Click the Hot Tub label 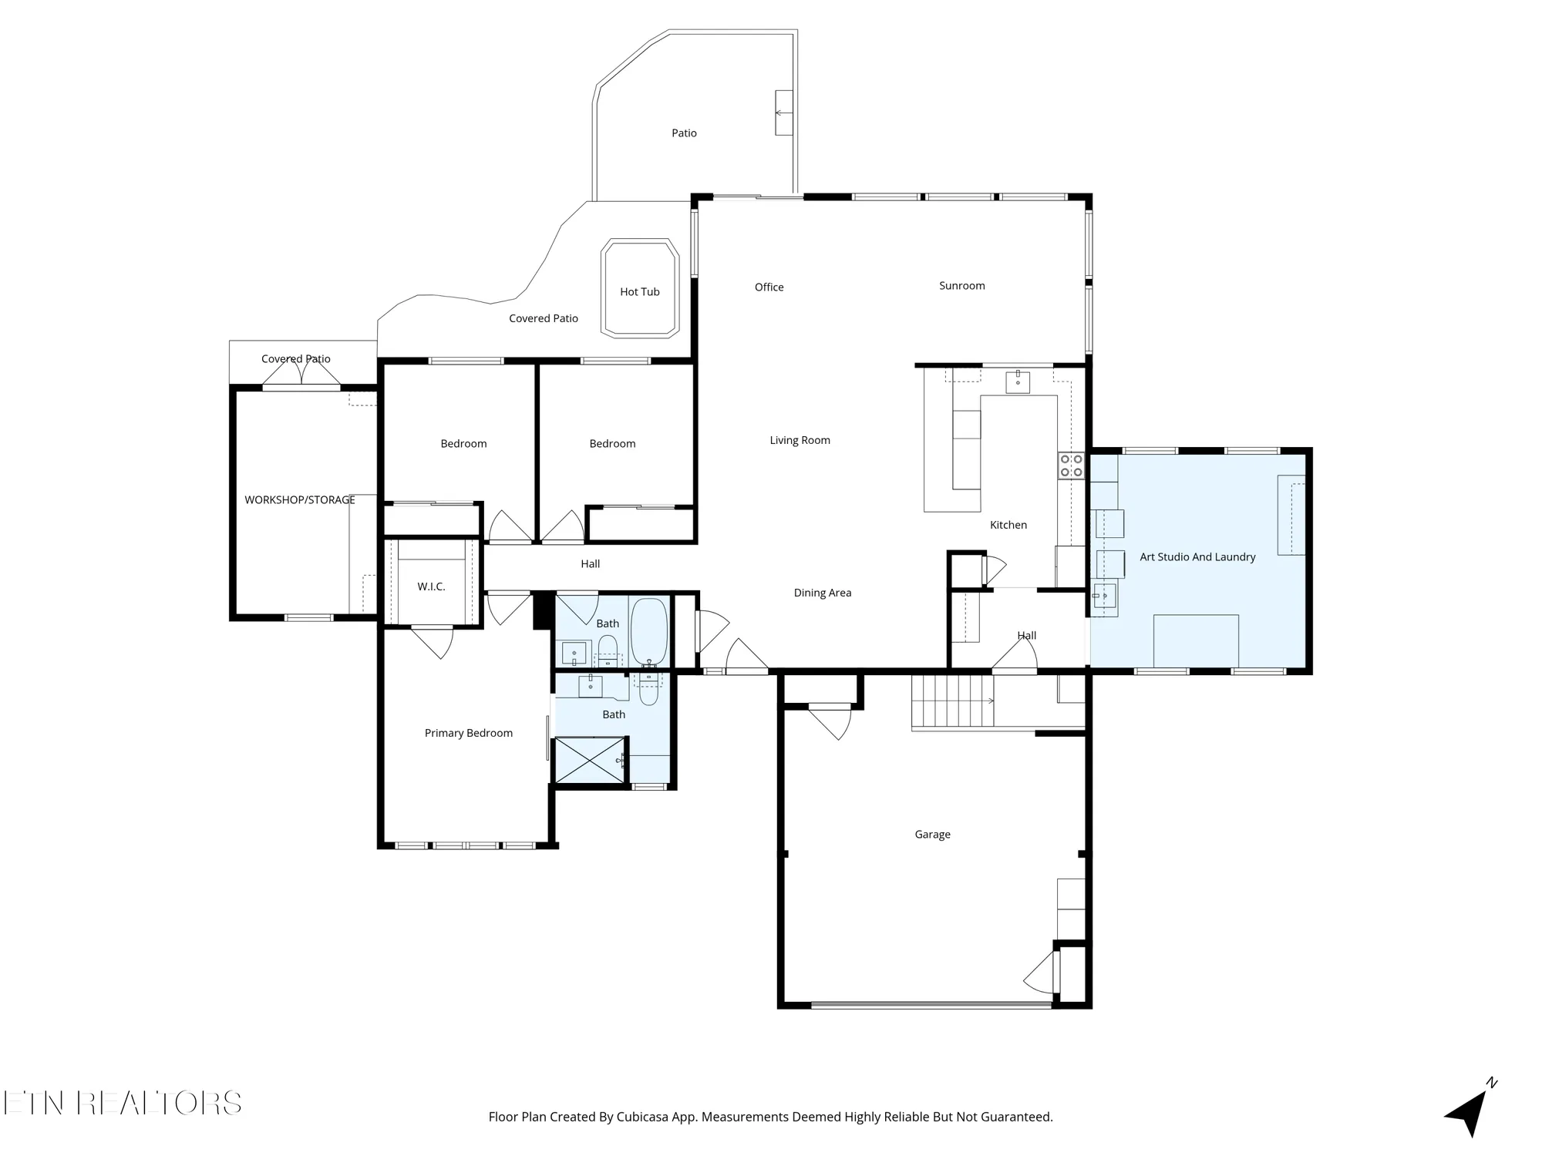click(x=640, y=291)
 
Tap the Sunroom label click(x=961, y=285)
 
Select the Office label click(x=769, y=287)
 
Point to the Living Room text click(x=800, y=440)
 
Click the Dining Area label click(x=823, y=593)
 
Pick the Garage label click(x=932, y=834)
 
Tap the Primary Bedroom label click(x=469, y=733)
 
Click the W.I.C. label click(x=431, y=586)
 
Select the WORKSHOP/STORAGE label click(x=300, y=499)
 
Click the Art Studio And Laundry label click(x=1197, y=556)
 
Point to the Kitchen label click(x=1008, y=525)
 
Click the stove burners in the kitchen click(x=1071, y=465)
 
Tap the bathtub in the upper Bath click(x=649, y=632)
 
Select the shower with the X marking click(x=590, y=761)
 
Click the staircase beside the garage click(x=952, y=701)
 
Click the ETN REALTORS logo click(x=123, y=1104)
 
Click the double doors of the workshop click(x=301, y=373)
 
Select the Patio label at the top click(x=684, y=133)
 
